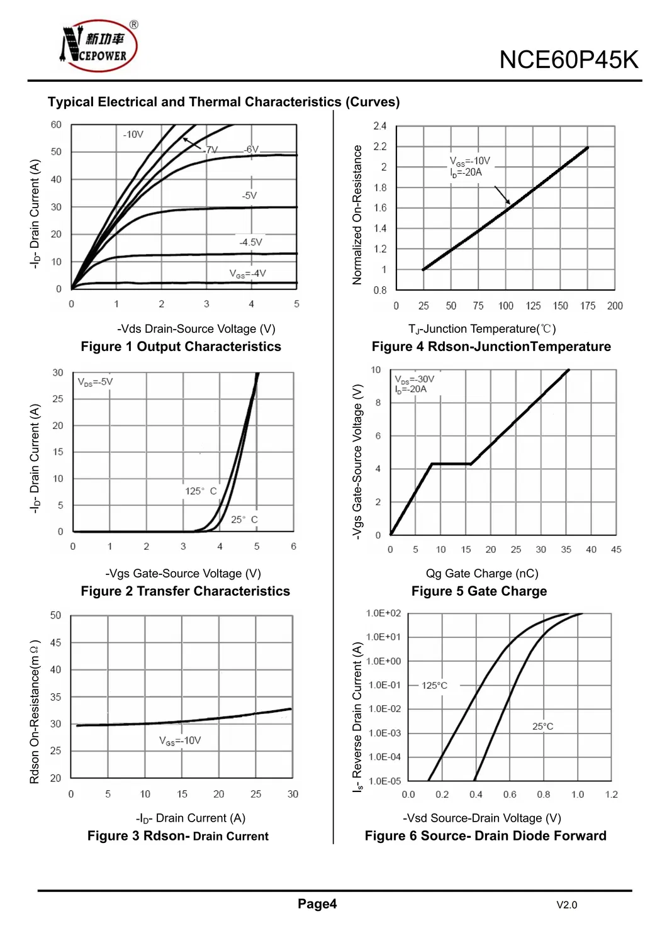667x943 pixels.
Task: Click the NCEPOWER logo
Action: [x=99, y=46]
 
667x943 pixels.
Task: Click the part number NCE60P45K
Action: [x=568, y=60]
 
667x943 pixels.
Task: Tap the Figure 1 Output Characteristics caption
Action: [x=181, y=347]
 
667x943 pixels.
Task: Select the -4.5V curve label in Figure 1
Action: [x=250, y=242]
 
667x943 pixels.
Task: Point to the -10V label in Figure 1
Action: [x=133, y=135]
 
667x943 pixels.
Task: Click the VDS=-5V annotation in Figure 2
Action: [x=95, y=382]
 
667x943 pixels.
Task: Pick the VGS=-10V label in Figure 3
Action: [x=180, y=740]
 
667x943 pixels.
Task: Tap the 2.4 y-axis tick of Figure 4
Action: [x=379, y=126]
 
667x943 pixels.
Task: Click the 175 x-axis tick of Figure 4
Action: [x=588, y=306]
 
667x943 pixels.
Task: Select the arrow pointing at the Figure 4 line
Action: [x=502, y=195]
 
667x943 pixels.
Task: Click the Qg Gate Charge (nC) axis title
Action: [x=482, y=573]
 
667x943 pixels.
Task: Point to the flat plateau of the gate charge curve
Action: [x=451, y=464]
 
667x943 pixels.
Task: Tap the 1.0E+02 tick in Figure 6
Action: [x=383, y=613]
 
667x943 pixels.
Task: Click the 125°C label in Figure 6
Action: [x=434, y=685]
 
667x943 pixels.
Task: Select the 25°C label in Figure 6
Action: [x=542, y=727]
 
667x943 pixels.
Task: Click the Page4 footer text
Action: [x=317, y=904]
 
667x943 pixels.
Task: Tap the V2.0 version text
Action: [x=566, y=905]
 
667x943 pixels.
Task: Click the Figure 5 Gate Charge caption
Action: [x=479, y=591]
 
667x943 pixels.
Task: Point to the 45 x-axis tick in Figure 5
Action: [x=616, y=549]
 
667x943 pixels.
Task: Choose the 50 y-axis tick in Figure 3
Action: [x=55, y=615]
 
